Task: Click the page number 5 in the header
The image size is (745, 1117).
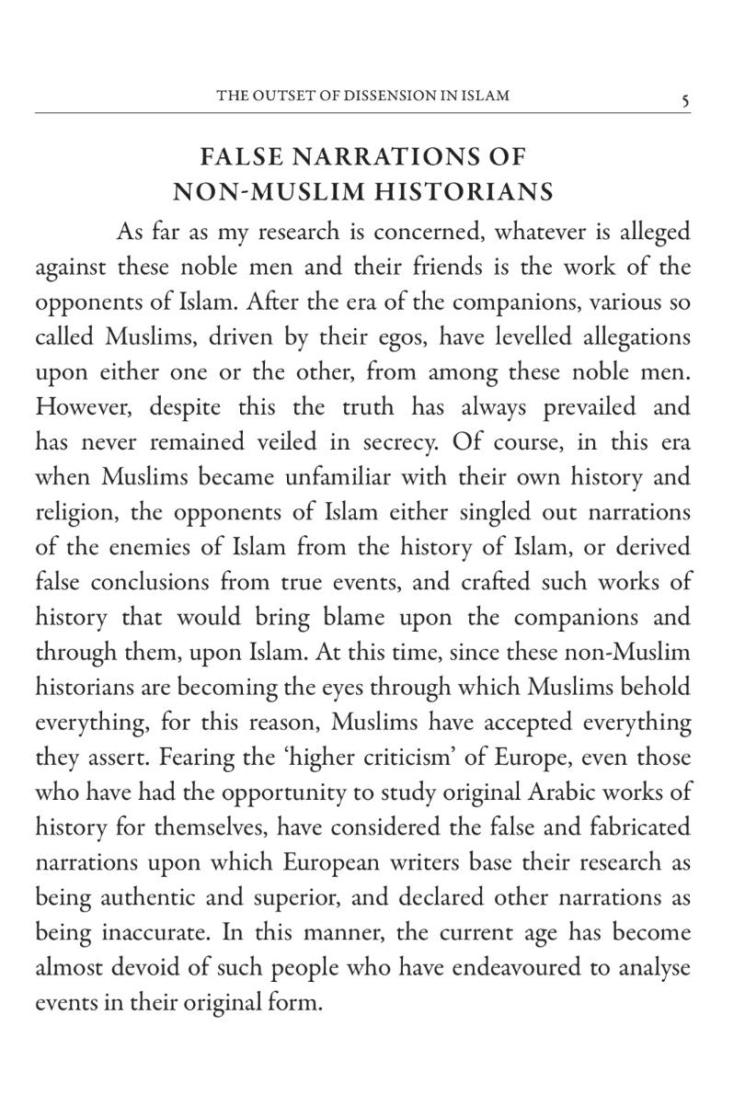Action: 684,98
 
